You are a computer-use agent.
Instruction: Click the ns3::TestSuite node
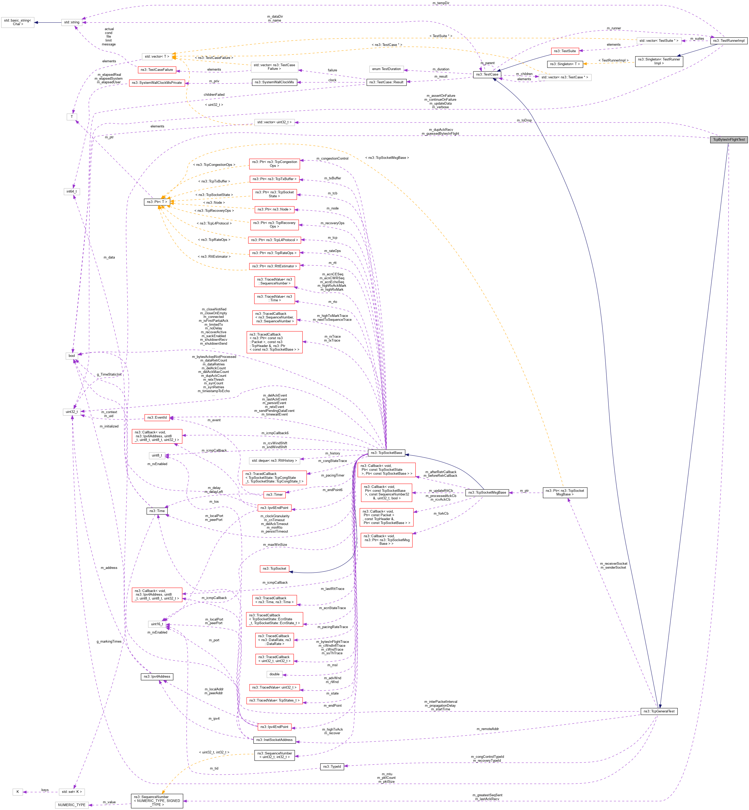coord(565,51)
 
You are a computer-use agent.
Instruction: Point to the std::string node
coord(72,22)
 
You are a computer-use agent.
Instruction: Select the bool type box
coord(72,356)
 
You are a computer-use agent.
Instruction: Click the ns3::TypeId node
coord(332,767)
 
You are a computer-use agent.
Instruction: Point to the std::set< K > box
coord(72,792)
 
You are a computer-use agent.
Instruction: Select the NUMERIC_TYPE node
coord(72,805)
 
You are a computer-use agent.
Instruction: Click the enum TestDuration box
coord(386,69)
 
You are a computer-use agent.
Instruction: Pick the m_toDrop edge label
coord(524,120)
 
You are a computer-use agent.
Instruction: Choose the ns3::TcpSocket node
coord(274,569)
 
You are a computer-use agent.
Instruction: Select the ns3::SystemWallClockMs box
coord(274,82)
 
